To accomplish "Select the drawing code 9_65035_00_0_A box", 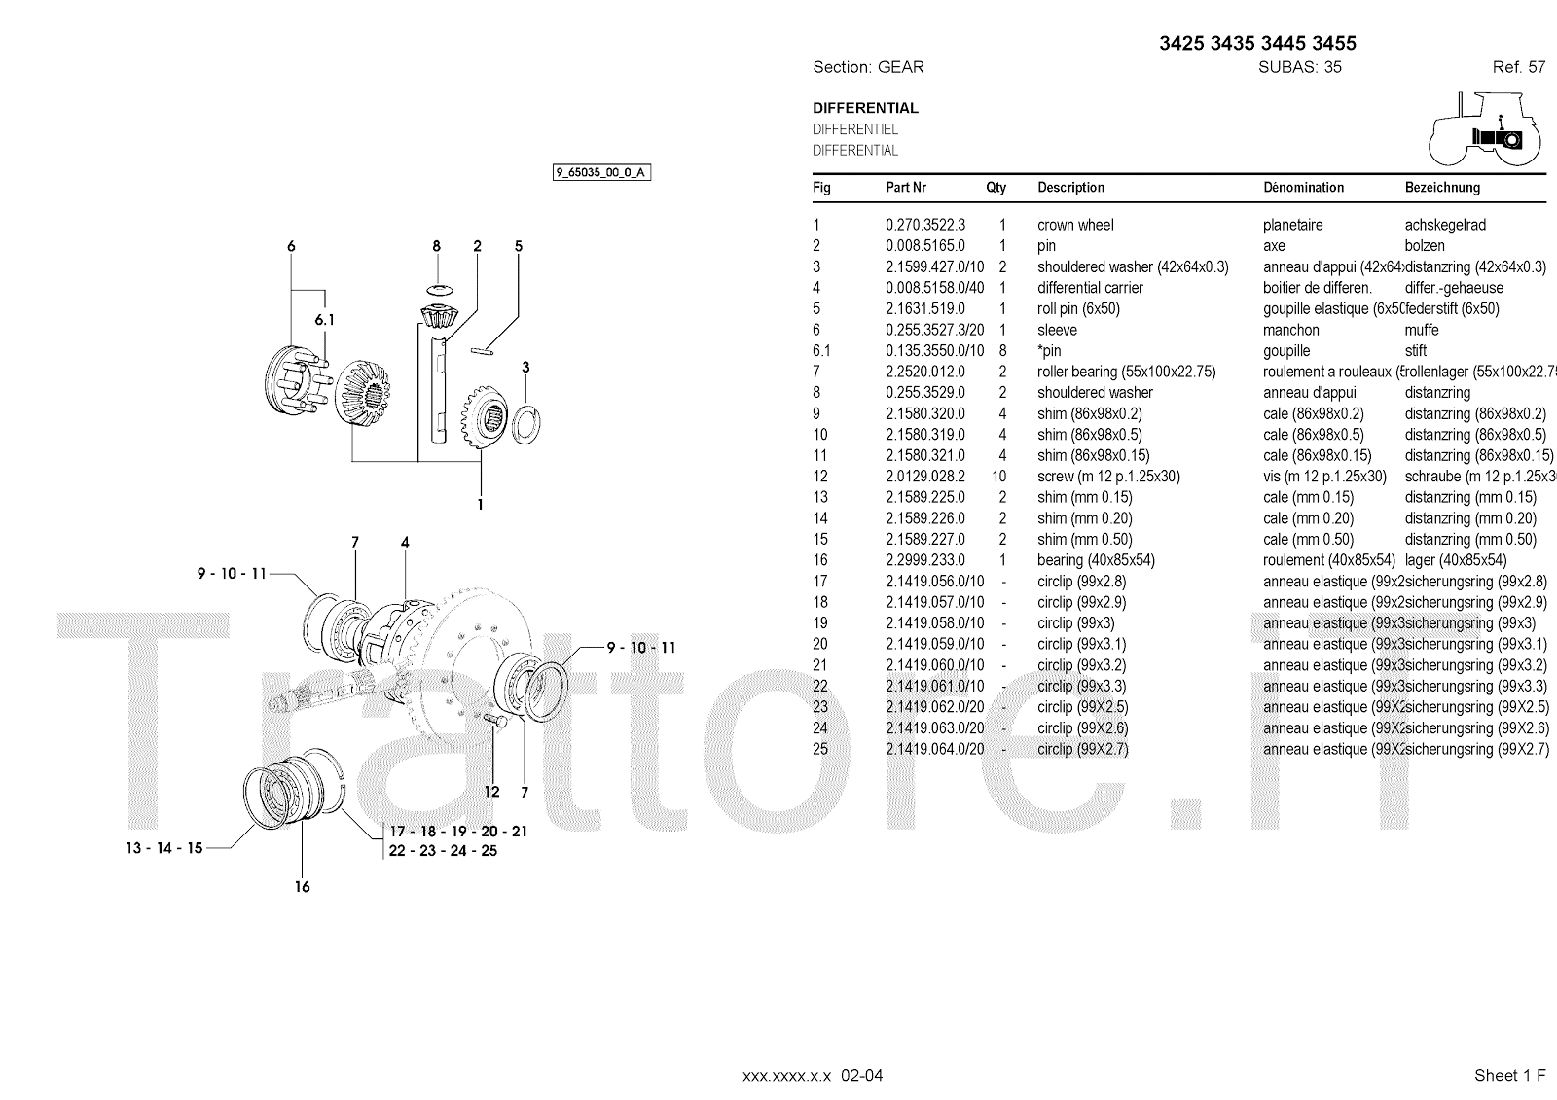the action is coord(601,173).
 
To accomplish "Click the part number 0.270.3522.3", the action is coord(924,225).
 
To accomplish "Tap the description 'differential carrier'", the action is coord(1090,288).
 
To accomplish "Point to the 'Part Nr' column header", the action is coord(906,188).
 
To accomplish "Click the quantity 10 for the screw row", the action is coord(998,477).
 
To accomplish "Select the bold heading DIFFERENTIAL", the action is coord(865,108).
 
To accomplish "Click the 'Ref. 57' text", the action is coord(1518,67).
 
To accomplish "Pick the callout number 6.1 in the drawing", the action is coord(324,320).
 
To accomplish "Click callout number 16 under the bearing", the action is coord(303,886).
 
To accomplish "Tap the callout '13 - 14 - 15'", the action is coord(164,848).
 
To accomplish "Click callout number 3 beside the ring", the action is coord(526,367).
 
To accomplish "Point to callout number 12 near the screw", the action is coord(492,792).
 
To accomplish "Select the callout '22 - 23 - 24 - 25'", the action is coord(443,851).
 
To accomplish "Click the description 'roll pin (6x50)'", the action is coord(1078,309).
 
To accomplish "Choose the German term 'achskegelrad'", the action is coord(1445,225).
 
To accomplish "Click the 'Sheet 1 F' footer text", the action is coord(1509,1075).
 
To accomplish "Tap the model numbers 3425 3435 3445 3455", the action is coord(1257,43).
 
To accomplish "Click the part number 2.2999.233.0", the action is coord(924,560).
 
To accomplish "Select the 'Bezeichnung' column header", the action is coord(1442,188).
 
